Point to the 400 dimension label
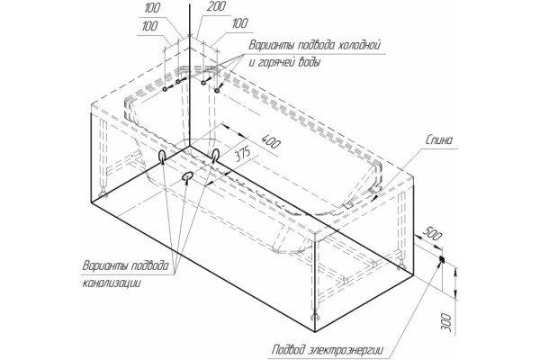point(271,141)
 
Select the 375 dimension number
point(243,154)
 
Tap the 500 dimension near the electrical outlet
point(431,233)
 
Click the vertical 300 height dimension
point(445,322)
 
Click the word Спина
point(439,139)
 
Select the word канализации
point(112,283)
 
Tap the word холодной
point(358,45)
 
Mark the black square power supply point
point(442,258)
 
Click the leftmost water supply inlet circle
point(165,89)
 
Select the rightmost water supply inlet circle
point(217,91)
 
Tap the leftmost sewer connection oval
point(162,156)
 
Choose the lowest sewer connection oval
point(187,176)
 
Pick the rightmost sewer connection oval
point(216,155)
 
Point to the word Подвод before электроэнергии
point(289,350)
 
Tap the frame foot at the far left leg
point(103,195)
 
